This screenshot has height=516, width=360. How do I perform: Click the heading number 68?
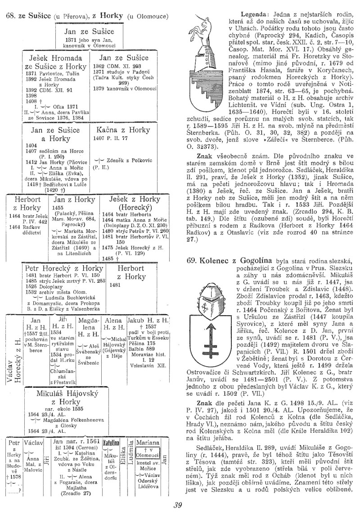9,16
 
